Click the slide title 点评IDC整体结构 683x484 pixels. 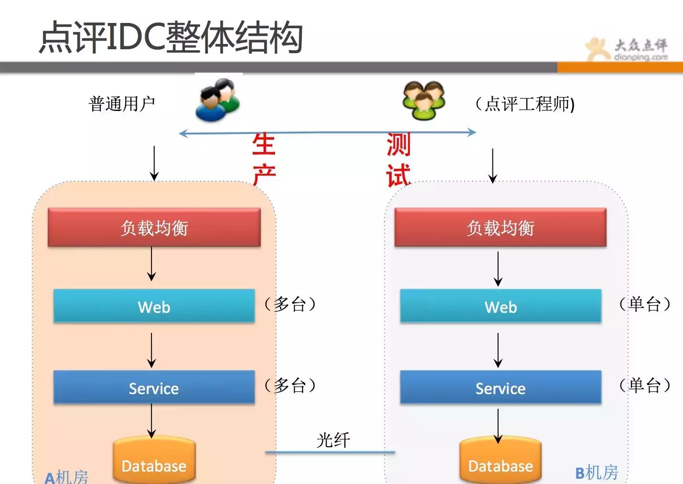coord(171,37)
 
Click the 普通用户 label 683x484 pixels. coord(122,103)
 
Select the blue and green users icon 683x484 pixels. coord(217,100)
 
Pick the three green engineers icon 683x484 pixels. coord(424,100)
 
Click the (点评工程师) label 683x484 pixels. coord(525,104)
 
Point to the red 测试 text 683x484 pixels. coord(398,159)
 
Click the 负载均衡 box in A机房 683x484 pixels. coord(154,228)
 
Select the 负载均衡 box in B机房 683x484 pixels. coord(500,228)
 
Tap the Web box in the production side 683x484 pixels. coord(154,306)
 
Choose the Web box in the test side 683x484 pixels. coord(501,306)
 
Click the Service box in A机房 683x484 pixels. coord(154,387)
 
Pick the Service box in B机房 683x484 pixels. coord(501,387)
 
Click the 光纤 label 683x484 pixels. coord(333,440)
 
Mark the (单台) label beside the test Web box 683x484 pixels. coord(645,304)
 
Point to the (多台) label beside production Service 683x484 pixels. coord(290,385)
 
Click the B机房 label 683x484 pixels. coord(597,473)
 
